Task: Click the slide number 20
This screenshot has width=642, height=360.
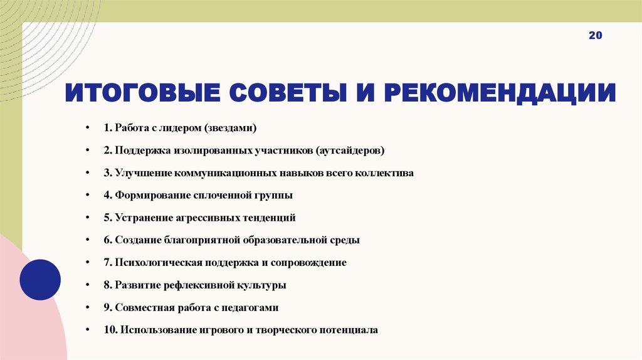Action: [595, 54]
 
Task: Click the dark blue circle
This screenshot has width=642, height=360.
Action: [40, 280]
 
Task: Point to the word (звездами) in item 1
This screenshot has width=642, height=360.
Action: [230, 128]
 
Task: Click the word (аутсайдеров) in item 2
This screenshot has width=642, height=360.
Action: [351, 151]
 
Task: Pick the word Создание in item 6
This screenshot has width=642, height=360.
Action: [135, 240]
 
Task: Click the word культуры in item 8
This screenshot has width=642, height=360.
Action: [261, 285]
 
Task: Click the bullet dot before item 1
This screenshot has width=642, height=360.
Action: [88, 128]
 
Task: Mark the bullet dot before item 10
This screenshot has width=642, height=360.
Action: [88, 329]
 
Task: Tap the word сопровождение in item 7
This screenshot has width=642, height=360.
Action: [310, 262]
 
